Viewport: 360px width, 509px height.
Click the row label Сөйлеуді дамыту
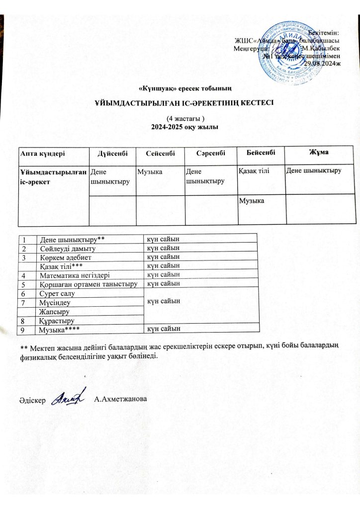pyautogui.click(x=67, y=248)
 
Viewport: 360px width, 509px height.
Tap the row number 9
pyautogui.click(x=22, y=329)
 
